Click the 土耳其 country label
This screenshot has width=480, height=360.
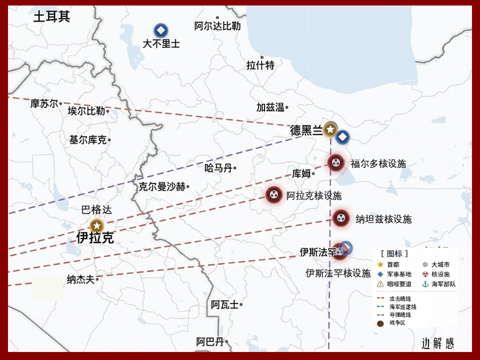pos(52,16)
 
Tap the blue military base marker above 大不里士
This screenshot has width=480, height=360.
pos(160,30)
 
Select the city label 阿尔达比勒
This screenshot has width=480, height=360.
pos(217,26)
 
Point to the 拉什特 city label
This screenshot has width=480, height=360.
pos(260,65)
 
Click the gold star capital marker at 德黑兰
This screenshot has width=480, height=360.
pos(329,129)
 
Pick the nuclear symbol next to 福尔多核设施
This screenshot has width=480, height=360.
pos(336,162)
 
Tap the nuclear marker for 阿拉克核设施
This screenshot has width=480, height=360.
pos(273,194)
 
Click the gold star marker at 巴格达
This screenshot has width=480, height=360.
pos(96,226)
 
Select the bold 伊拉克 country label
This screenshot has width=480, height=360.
pos(95,238)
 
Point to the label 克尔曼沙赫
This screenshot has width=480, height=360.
pos(162,186)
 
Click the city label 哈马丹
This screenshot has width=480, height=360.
pos(218,168)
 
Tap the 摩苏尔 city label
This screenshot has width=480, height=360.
pos(44,103)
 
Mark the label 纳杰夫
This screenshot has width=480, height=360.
pos(80,279)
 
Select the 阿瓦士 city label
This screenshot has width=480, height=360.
pos(224,304)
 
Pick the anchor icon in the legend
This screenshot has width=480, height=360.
pos(425,284)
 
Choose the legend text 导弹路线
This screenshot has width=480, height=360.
pos(400,314)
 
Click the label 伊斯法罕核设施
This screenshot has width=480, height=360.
pos(338,273)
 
